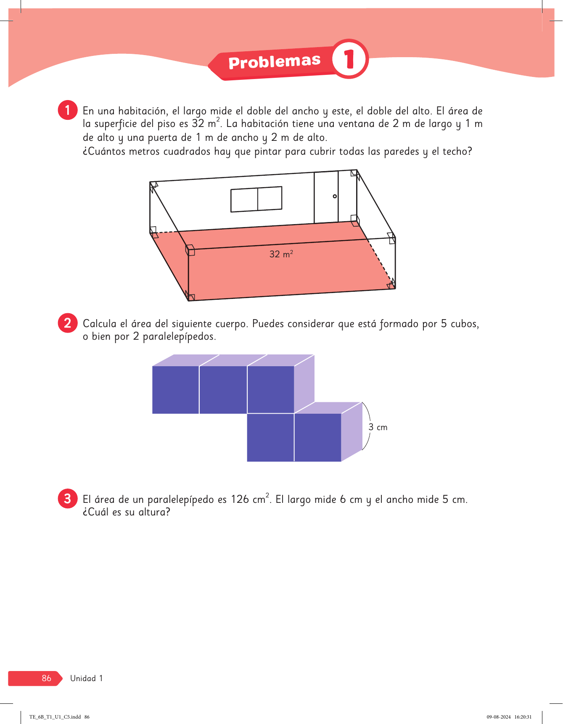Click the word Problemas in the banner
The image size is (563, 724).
point(275,62)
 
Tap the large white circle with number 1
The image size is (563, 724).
point(349,59)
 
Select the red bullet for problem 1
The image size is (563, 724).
point(68,110)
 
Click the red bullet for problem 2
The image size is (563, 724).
point(68,323)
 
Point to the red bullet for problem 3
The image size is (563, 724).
point(68,499)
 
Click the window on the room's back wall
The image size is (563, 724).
point(256,199)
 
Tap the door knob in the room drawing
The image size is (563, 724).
point(335,196)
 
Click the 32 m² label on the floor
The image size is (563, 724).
point(281,254)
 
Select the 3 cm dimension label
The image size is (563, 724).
point(378,427)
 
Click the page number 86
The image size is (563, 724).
point(46,678)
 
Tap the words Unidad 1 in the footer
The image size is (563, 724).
point(86,678)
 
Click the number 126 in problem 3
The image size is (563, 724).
point(240,499)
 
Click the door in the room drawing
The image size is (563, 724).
point(326,197)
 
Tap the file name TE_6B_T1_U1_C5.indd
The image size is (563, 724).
point(55,717)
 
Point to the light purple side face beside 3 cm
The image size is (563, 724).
point(352,432)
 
